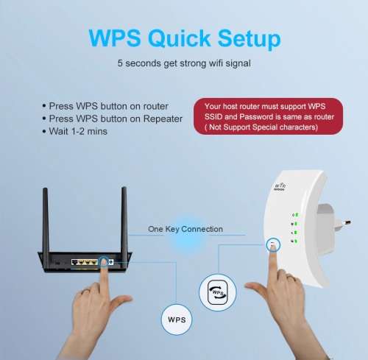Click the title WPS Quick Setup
(x=183, y=38)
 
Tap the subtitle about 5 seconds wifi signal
(x=183, y=63)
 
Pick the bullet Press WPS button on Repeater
(x=113, y=119)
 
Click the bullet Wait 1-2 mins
(x=78, y=131)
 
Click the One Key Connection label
(x=185, y=229)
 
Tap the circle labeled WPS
(x=177, y=320)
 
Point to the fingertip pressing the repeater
(x=273, y=250)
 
